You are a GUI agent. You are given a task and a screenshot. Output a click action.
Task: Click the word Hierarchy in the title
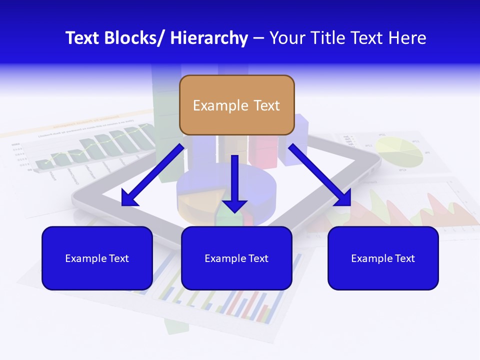point(209,38)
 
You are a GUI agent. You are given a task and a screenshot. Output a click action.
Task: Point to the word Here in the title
point(408,38)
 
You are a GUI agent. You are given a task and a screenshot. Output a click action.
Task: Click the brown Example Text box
point(236,105)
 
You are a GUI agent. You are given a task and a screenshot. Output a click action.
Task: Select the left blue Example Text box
point(97,258)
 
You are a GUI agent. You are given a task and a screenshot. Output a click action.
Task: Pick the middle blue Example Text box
point(236,258)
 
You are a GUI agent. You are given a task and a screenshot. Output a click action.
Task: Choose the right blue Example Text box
point(383,258)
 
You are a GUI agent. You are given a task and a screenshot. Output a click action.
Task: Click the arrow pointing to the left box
point(152,175)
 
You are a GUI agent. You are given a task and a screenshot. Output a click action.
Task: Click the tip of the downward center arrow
point(234,211)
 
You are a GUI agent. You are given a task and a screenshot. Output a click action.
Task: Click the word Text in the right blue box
point(404,258)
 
